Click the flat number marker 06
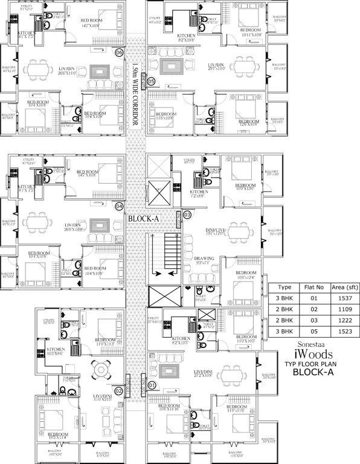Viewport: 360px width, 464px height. tap(120, 53)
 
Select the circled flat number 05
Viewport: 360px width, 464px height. tap(151, 81)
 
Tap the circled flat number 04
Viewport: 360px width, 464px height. tap(120, 205)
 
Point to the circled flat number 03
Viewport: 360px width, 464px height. tap(187, 214)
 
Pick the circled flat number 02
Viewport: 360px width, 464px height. tap(120, 390)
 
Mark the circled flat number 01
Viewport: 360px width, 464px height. tap(152, 384)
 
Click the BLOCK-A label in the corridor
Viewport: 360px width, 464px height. tap(143, 219)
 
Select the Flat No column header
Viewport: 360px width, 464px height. tap(315, 288)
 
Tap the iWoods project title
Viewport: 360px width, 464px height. tap(313, 354)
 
